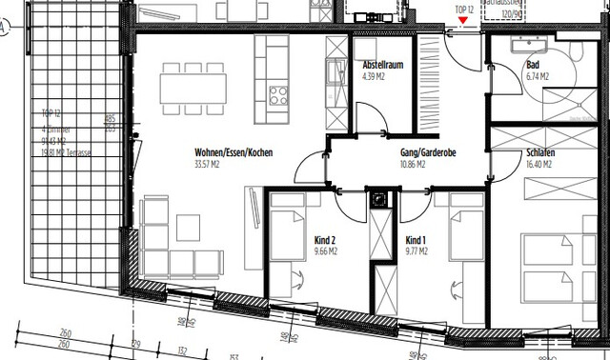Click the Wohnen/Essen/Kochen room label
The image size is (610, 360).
pos(234,152)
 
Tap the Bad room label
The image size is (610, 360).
pos(532,66)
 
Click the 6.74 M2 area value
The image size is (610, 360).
pos(539,76)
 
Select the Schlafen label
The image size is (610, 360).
pos(540,152)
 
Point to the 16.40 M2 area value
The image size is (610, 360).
pos(540,164)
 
